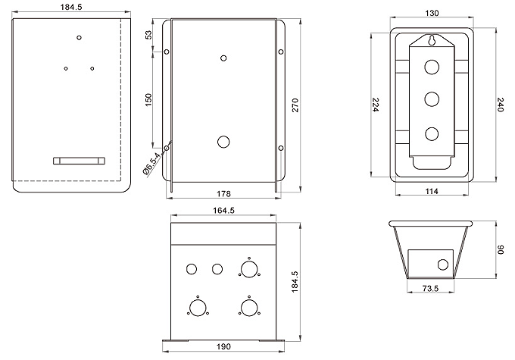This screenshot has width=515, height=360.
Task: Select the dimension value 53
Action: pyautogui.click(x=149, y=36)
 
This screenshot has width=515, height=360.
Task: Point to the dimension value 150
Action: pyautogui.click(x=149, y=99)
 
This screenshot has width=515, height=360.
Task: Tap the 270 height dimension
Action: pyautogui.click(x=296, y=107)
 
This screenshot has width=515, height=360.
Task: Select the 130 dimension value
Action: pyautogui.click(x=432, y=12)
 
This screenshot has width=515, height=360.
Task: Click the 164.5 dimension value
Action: pyautogui.click(x=223, y=211)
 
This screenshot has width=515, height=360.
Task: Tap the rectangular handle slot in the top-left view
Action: pyautogui.click(x=79, y=160)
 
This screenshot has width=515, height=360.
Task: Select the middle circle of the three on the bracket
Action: pyautogui.click(x=432, y=98)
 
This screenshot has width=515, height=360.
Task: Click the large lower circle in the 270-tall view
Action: pyautogui.click(x=223, y=141)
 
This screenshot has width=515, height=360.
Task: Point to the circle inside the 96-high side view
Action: pyautogui.click(x=442, y=265)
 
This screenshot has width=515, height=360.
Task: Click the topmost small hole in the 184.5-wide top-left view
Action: pyautogui.click(x=79, y=36)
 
